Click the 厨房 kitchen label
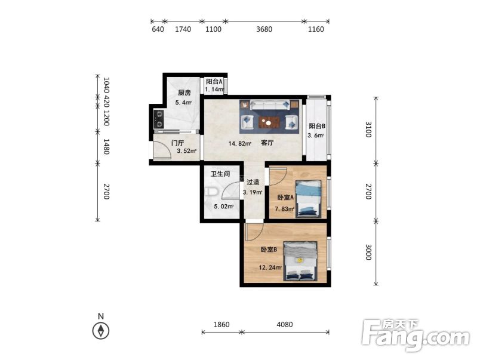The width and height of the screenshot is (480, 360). [184, 93]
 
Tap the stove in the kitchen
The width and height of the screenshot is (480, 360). [159, 119]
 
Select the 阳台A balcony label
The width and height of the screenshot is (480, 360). [214, 81]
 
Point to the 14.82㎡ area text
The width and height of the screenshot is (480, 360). [240, 143]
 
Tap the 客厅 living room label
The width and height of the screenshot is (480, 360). [267, 143]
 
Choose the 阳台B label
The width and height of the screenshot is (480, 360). [317, 126]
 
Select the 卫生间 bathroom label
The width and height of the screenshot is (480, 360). [220, 174]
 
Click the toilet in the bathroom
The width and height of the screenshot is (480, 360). [211, 192]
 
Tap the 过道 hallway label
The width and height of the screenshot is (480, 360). [253, 182]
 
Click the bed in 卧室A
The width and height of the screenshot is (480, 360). [308, 199]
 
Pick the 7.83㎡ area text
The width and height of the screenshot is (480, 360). [285, 209]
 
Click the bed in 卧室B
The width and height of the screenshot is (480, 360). [300, 261]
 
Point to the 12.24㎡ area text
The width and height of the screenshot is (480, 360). [270, 267]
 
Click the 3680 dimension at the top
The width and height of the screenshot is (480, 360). [264, 29]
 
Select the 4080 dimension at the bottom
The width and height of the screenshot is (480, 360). [285, 324]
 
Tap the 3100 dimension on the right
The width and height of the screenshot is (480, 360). [368, 130]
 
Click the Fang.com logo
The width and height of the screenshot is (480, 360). [416, 335]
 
